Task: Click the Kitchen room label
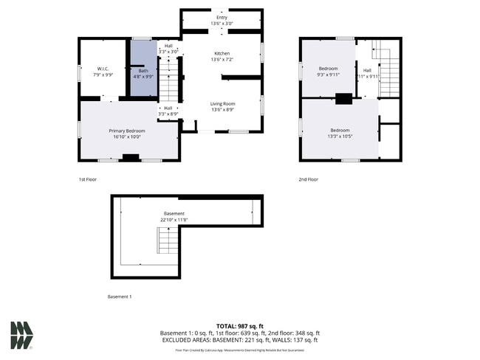[222, 54]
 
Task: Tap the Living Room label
[222, 104]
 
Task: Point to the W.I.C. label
[103, 69]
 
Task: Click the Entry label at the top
[222, 17]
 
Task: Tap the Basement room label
[175, 213]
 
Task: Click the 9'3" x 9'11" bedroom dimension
[328, 75]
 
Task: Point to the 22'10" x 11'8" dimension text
[175, 220]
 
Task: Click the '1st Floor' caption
[87, 179]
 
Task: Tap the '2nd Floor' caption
[308, 179]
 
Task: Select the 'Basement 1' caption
[120, 297]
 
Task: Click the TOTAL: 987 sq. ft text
[240, 326]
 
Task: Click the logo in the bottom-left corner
[21, 336]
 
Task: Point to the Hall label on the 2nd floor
[367, 70]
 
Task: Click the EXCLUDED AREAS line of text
[240, 340]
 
